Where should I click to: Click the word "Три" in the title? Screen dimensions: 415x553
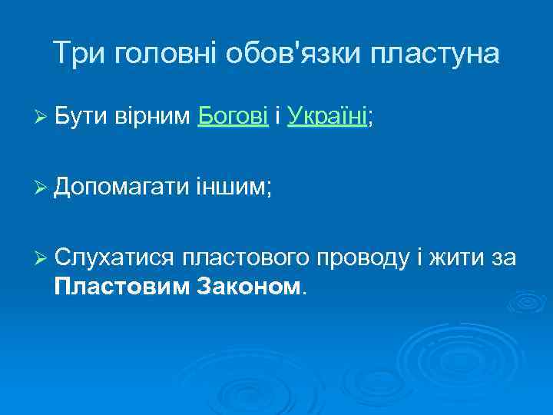(80, 53)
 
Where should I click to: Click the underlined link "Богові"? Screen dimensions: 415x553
(233, 116)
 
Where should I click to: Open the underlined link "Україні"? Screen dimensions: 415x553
(327, 116)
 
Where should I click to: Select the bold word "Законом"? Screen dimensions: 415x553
(250, 287)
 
